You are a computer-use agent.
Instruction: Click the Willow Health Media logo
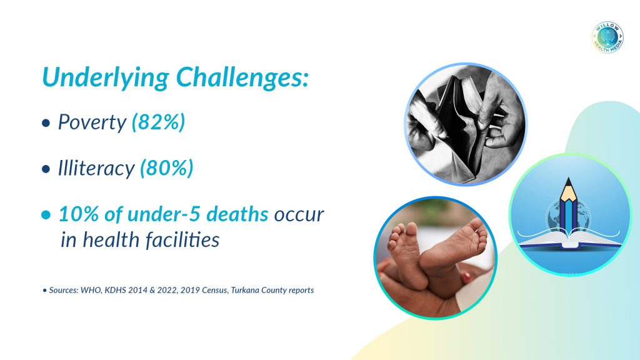[607, 37]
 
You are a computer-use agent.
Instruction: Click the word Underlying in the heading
[105, 77]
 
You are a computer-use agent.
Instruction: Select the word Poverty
[92, 122]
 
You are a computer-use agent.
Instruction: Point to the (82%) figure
[158, 122]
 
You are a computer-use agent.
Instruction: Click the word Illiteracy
[96, 167]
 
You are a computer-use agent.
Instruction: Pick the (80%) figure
[166, 167]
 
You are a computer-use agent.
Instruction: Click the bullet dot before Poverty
[46, 123]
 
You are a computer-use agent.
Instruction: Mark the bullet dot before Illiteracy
[46, 169]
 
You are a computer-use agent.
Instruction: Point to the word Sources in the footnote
[63, 290]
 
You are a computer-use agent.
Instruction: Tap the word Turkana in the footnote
[244, 290]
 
